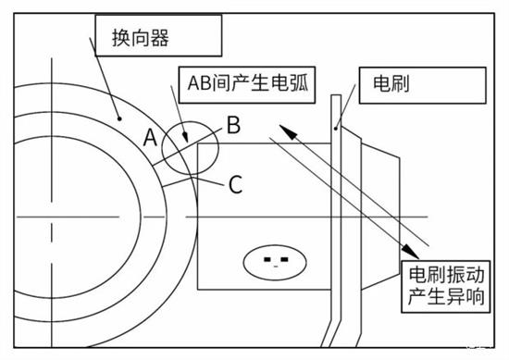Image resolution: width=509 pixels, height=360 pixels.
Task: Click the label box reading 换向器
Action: pyautogui.click(x=157, y=38)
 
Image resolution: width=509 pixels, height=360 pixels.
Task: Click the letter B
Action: pyautogui.click(x=233, y=121)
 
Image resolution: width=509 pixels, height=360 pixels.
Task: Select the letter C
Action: pyautogui.click(x=235, y=183)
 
